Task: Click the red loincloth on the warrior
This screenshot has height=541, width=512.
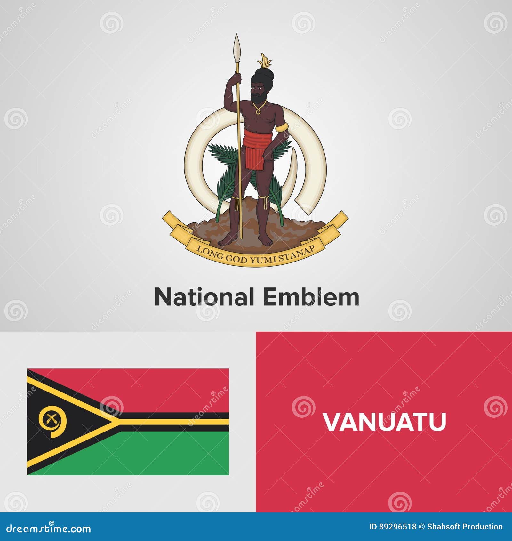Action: (256, 148)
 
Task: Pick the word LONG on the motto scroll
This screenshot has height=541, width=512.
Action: (210, 253)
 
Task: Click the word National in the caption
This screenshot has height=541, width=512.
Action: (204, 297)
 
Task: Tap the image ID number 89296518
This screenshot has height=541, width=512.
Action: (397, 527)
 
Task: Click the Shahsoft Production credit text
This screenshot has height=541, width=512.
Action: (465, 527)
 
